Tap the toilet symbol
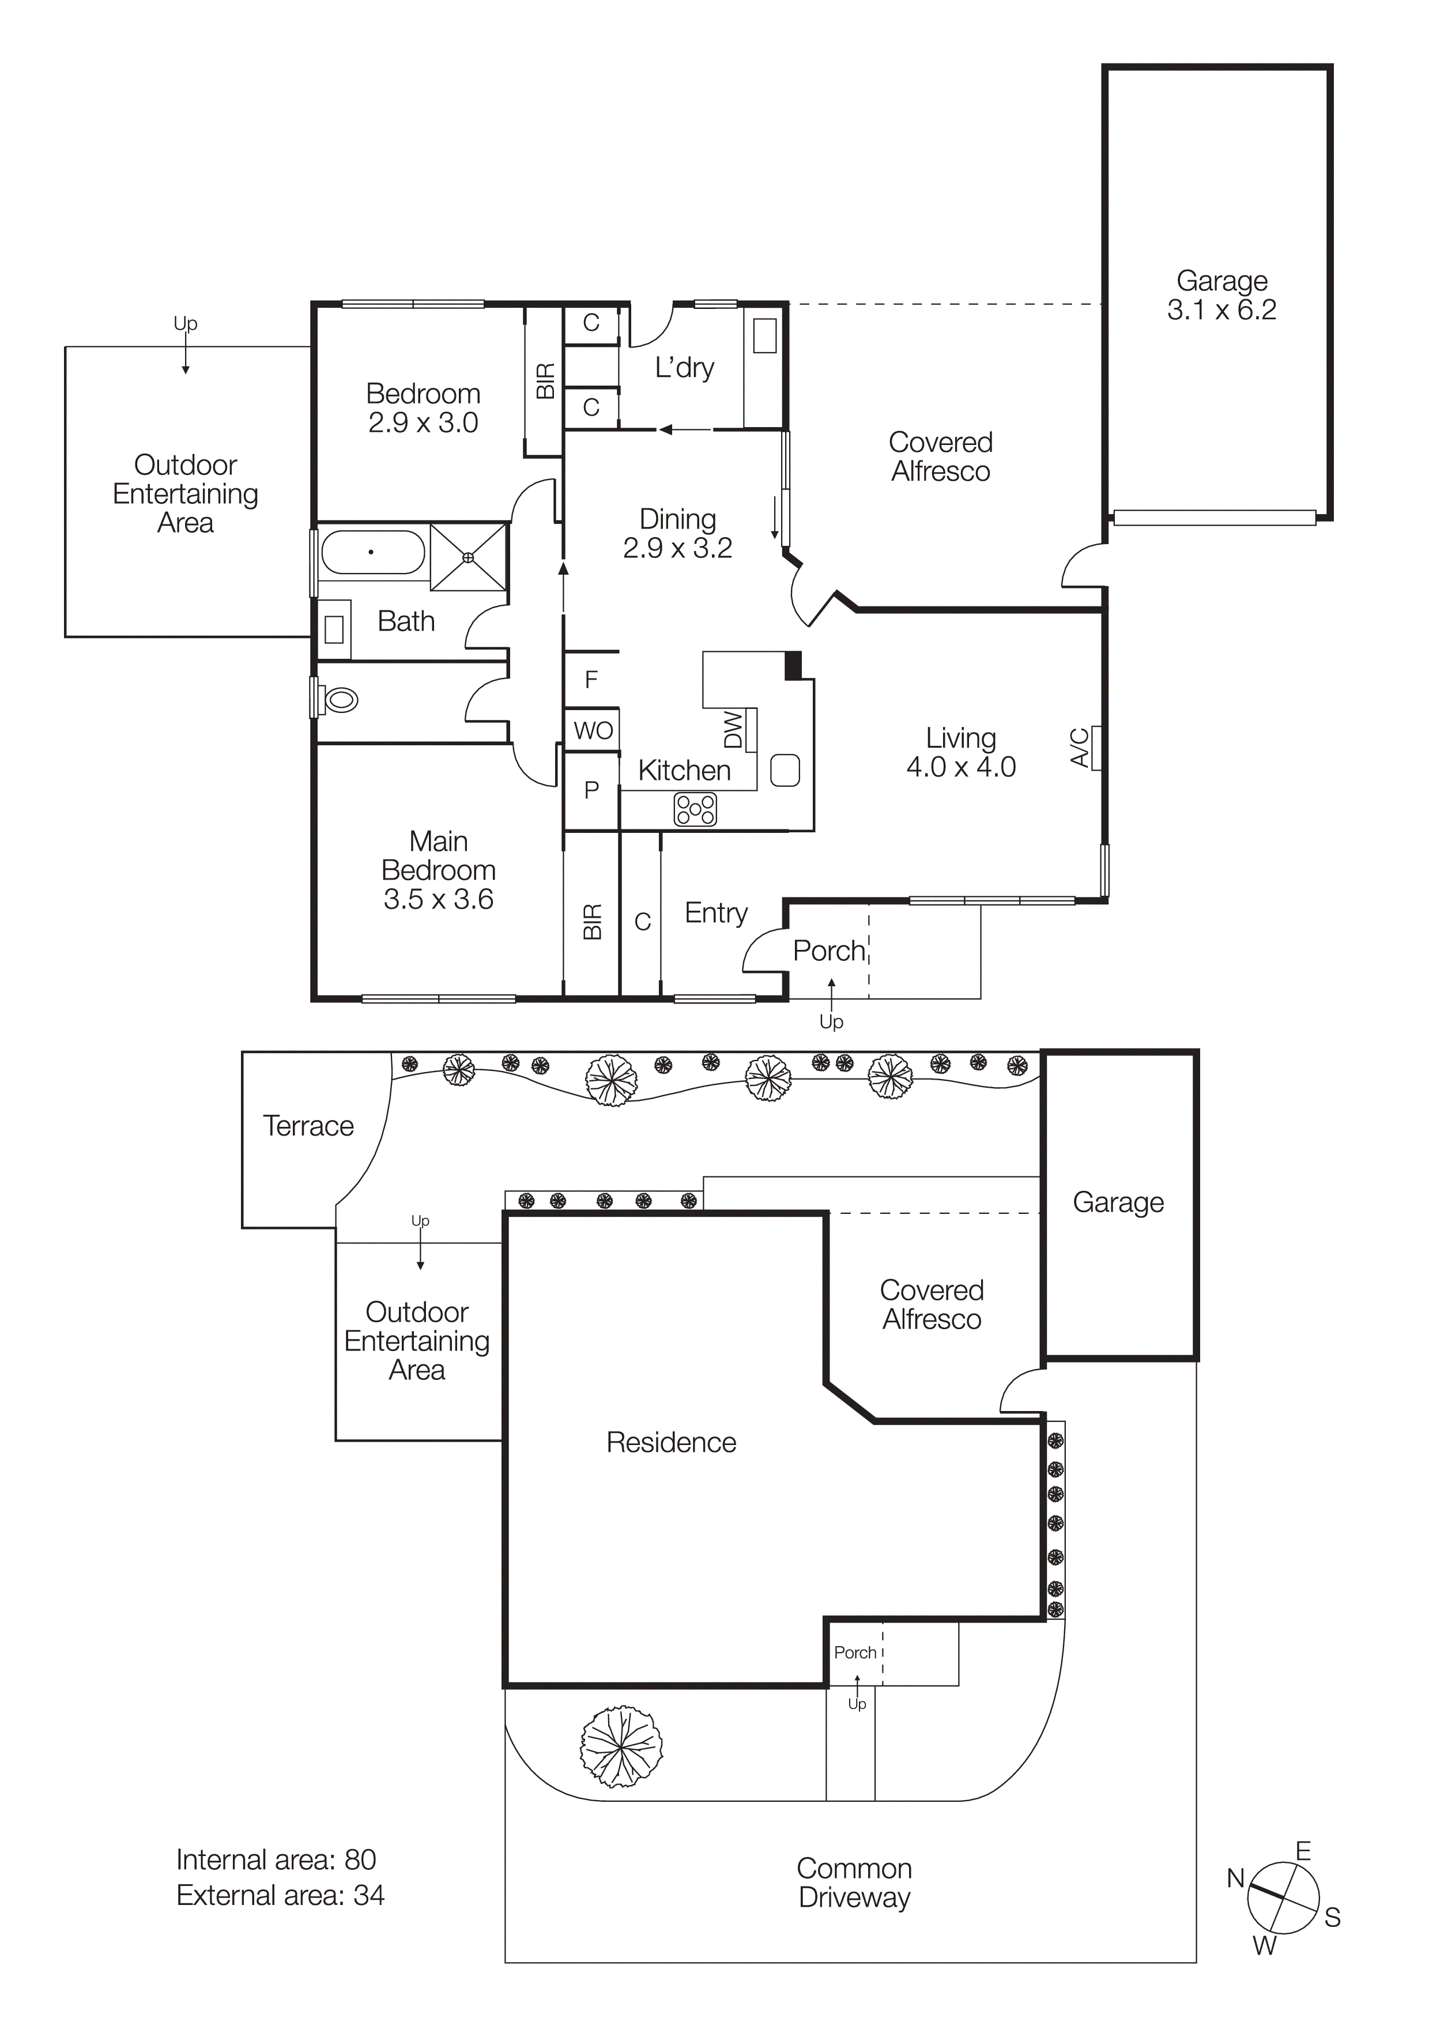point(341,700)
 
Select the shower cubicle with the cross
point(469,557)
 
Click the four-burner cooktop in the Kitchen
point(696,809)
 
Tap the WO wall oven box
point(593,730)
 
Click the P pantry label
point(591,790)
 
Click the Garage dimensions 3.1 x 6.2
point(1221,310)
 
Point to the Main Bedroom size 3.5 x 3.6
point(439,899)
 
